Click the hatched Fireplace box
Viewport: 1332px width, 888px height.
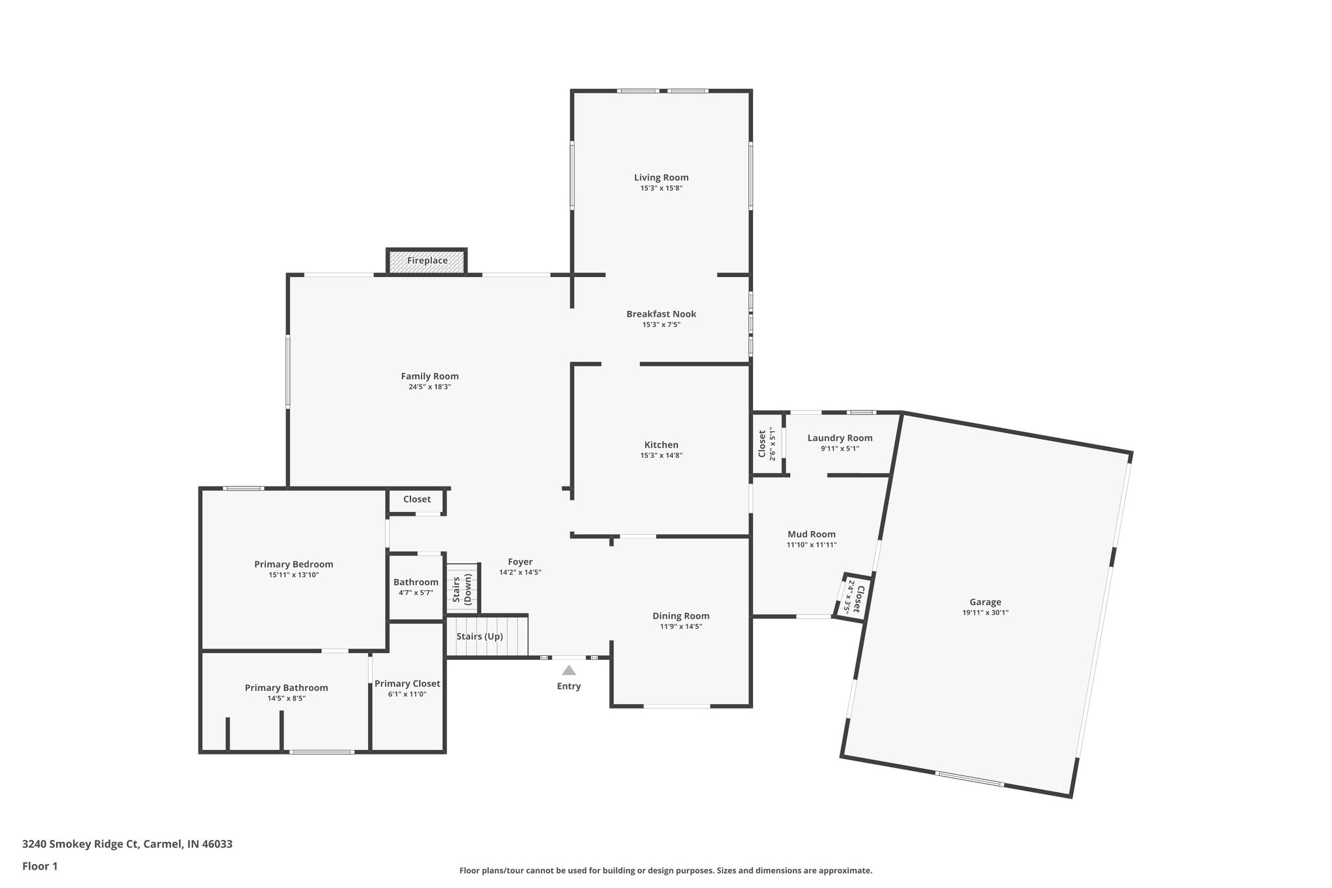pyautogui.click(x=427, y=261)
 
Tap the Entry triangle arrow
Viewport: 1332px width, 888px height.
pyautogui.click(x=569, y=670)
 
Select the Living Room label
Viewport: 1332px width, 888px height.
pyautogui.click(x=661, y=178)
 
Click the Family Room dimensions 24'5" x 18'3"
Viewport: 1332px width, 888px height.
pyautogui.click(x=429, y=387)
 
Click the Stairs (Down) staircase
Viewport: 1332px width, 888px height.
pyautogui.click(x=462, y=589)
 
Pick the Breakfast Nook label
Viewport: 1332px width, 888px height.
pyautogui.click(x=661, y=314)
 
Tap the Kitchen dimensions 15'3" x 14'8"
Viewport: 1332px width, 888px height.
pyautogui.click(x=661, y=456)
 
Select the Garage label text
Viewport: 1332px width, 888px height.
pyautogui.click(x=985, y=602)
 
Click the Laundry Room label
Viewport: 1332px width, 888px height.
pyautogui.click(x=840, y=438)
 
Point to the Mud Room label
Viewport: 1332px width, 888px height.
pyautogui.click(x=811, y=535)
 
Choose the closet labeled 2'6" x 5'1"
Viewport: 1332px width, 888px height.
pyautogui.click(x=767, y=444)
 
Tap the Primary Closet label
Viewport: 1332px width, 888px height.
pyautogui.click(x=407, y=684)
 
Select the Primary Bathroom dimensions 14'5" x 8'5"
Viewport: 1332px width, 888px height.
pyautogui.click(x=286, y=699)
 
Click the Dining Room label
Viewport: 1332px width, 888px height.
pyautogui.click(x=680, y=616)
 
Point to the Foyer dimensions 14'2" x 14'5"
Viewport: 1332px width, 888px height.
pyautogui.click(x=520, y=572)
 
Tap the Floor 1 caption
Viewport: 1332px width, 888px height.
pyautogui.click(x=40, y=867)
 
